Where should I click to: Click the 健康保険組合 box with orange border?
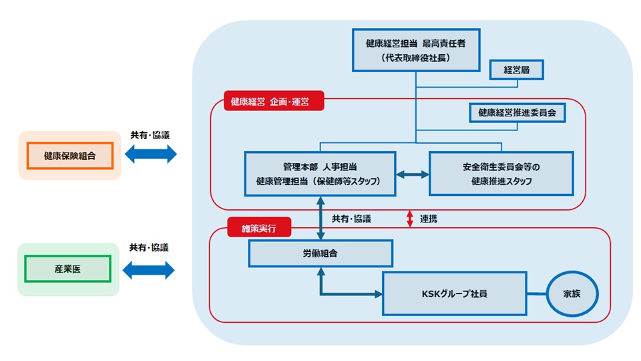(x=69, y=155)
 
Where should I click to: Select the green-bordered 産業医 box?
(x=67, y=269)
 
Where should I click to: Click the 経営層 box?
(x=516, y=69)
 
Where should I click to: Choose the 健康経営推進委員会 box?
(x=517, y=113)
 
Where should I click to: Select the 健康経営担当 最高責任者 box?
(x=415, y=50)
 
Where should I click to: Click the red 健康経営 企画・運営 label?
(x=274, y=102)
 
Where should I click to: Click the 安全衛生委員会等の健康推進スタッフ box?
(x=501, y=173)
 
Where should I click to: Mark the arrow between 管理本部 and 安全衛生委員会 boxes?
(x=412, y=174)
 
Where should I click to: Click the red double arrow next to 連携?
(x=411, y=219)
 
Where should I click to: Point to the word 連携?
(x=428, y=219)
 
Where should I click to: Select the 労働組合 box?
(x=320, y=253)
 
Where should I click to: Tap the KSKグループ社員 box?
(x=455, y=293)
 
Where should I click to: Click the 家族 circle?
(x=572, y=293)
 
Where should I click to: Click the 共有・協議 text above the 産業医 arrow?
(x=150, y=247)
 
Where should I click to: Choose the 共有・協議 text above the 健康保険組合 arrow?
(x=150, y=134)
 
